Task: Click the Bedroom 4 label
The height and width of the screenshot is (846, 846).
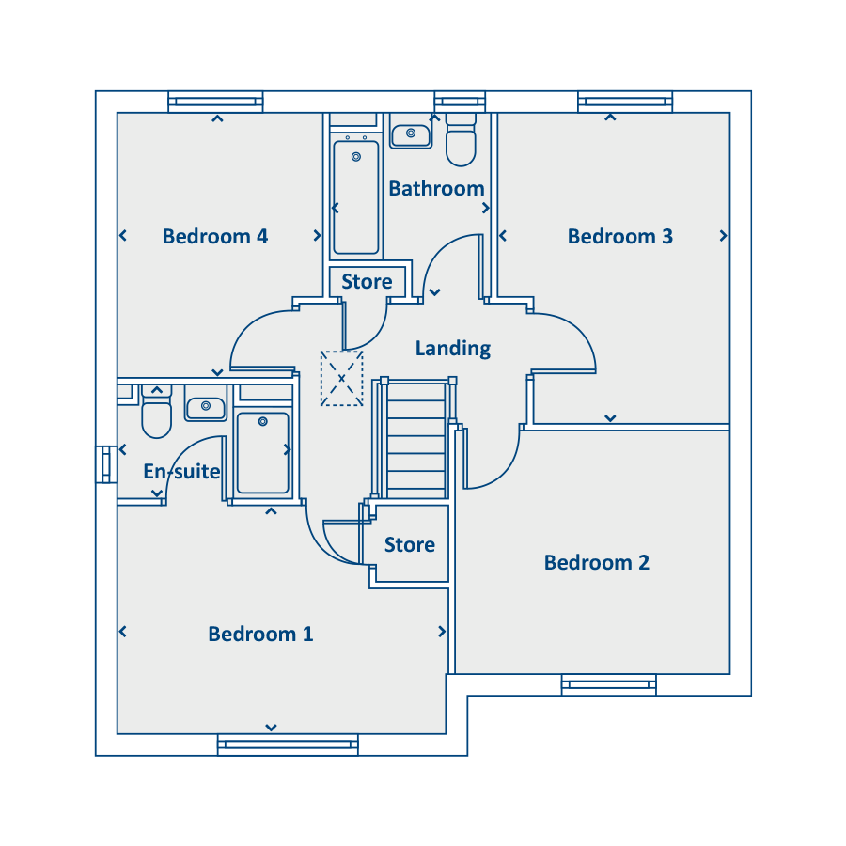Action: [x=215, y=236]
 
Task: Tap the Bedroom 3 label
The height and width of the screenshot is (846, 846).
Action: [x=620, y=236]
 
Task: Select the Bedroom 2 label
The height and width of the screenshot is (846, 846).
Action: [x=596, y=563]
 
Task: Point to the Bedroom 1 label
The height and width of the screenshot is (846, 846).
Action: [x=260, y=634]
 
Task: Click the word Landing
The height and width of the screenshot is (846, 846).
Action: [x=453, y=349]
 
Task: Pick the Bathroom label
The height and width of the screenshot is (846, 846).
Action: [x=436, y=189]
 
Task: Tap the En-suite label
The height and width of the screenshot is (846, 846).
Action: [x=181, y=472]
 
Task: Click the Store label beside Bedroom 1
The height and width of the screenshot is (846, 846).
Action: [x=410, y=545]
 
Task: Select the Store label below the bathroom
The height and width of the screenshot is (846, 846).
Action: [x=367, y=282]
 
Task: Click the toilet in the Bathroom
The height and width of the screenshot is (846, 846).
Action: [x=461, y=139]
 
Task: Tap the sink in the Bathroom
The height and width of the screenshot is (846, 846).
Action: [x=411, y=135]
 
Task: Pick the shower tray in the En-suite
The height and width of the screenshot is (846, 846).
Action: [x=263, y=453]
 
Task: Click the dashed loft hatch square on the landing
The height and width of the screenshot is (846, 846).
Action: [x=341, y=378]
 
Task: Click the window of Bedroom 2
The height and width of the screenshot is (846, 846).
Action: [x=608, y=684]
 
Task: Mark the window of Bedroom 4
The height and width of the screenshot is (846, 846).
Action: [x=215, y=102]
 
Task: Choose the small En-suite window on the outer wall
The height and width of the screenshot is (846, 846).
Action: [x=106, y=464]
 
